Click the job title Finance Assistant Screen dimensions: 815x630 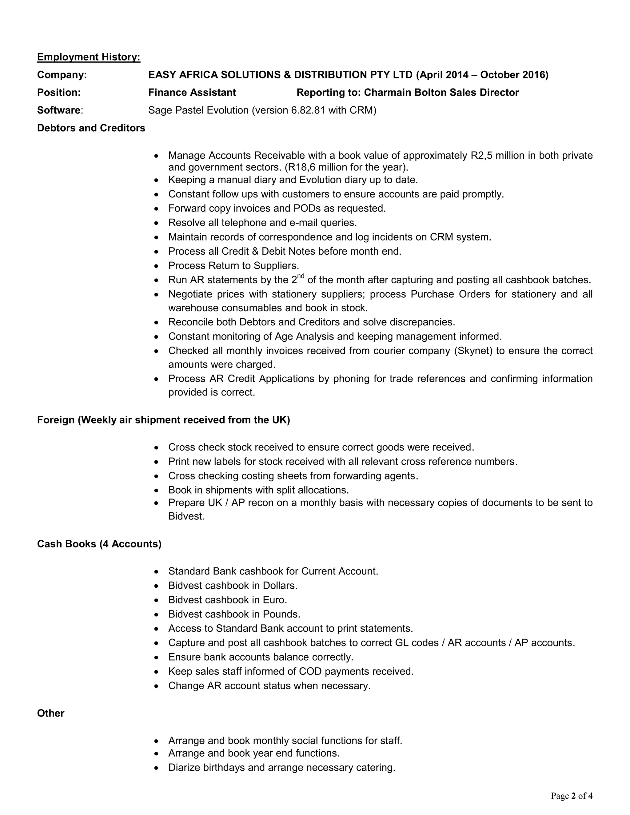pos(192,93)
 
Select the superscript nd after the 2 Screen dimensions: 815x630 pos(301,276)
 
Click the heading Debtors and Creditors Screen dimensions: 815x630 pos(91,128)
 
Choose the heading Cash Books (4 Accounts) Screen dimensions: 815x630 pos(99,544)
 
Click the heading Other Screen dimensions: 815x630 pos(51,713)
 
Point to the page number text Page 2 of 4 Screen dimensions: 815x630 pos(572,796)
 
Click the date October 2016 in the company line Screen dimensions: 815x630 pos(512,75)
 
